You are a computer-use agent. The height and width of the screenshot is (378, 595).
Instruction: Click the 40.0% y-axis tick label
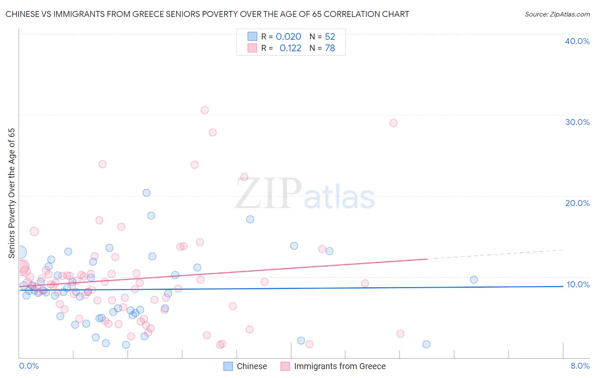tap(577, 41)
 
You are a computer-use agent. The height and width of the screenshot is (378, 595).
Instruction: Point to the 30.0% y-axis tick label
tap(577, 122)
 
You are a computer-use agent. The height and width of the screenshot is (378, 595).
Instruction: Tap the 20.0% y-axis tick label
tap(577, 203)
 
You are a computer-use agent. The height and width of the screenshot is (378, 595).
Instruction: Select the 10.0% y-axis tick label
tap(578, 284)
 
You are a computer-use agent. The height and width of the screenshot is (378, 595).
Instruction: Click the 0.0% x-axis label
tap(29, 366)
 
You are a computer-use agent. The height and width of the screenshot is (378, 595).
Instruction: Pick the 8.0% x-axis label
tap(580, 366)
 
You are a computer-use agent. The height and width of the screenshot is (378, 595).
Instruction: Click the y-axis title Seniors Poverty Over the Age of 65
tap(11, 193)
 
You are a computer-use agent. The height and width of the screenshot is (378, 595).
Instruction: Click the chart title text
tap(207, 14)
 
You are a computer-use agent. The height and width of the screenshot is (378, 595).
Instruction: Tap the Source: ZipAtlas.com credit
tap(557, 14)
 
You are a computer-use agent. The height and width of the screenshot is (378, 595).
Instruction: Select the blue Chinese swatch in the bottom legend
tap(228, 366)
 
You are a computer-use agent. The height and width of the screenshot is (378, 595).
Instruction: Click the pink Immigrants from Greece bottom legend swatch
tap(285, 366)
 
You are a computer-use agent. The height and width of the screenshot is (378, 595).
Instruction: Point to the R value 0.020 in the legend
tap(288, 37)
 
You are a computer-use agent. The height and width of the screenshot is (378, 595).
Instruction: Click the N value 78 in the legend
tap(330, 48)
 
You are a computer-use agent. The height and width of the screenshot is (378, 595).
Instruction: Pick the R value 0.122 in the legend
tap(290, 48)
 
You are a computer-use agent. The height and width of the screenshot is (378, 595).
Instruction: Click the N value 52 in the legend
tap(330, 37)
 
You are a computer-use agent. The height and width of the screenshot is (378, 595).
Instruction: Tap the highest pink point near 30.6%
tap(204, 110)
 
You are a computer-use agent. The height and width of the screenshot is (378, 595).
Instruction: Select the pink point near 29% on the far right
tap(393, 123)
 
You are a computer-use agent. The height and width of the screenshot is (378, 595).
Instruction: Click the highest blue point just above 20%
tap(146, 193)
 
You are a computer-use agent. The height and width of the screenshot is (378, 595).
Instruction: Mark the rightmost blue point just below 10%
tap(474, 280)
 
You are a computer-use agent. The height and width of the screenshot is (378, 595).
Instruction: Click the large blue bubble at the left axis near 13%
tap(19, 253)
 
